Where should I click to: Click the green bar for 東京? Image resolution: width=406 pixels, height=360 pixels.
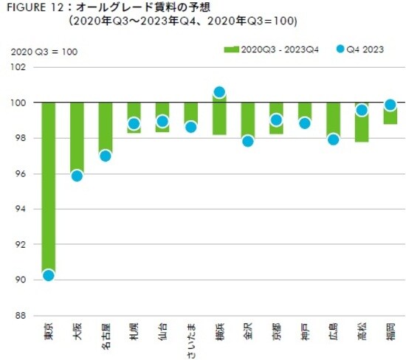point(49,184)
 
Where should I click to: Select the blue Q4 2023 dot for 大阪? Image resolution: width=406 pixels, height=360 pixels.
point(77,176)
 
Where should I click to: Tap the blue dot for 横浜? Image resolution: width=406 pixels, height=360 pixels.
point(219,92)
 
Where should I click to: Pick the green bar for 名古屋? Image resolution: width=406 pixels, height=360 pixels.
point(106,129)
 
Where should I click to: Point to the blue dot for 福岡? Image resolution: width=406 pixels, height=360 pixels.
point(390,105)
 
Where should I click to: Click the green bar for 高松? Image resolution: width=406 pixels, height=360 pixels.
point(362,122)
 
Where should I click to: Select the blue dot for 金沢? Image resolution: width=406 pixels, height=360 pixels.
point(248,141)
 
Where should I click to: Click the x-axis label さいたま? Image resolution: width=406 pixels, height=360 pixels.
point(191,337)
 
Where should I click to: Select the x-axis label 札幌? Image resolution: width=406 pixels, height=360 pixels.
point(134,331)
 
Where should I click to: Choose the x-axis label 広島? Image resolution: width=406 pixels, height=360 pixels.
point(334,331)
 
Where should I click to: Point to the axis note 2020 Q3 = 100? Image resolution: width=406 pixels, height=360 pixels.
point(44,52)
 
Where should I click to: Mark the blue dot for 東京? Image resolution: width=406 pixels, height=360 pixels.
point(49,275)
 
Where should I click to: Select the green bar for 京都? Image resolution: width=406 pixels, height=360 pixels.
point(276,118)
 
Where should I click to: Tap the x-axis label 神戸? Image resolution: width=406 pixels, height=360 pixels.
point(305,331)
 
